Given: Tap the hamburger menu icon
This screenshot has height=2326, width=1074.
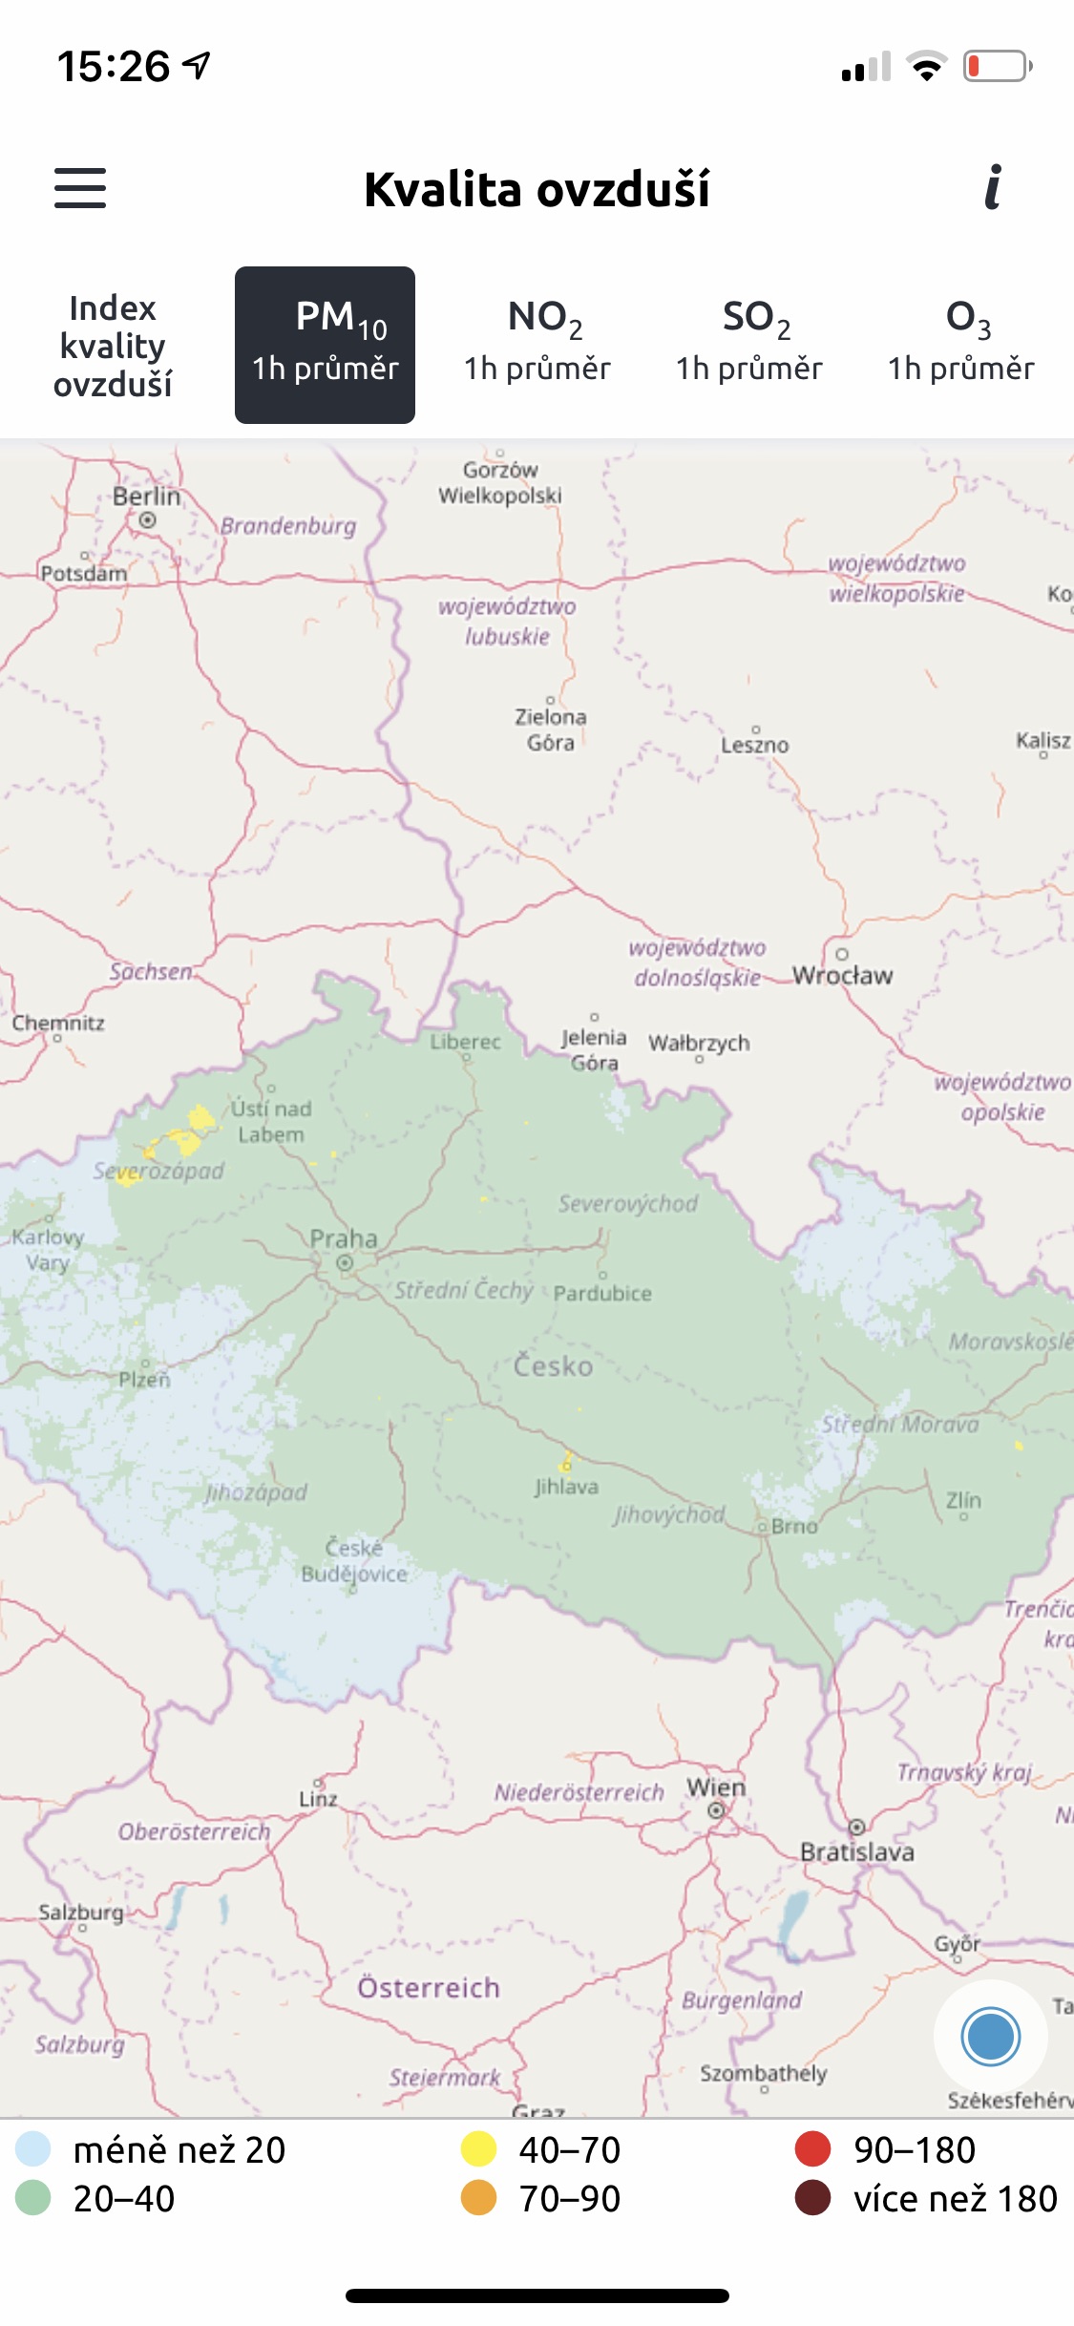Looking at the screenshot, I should coord(80,188).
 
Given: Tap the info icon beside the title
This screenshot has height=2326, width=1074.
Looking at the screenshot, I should coord(993,187).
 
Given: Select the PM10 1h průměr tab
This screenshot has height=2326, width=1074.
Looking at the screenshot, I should coord(325,345).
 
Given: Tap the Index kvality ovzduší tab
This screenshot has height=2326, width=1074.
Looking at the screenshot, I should coord(113,346).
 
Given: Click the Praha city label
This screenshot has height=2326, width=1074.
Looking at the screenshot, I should coord(344,1239).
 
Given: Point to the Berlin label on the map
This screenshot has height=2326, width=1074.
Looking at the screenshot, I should coord(146,497).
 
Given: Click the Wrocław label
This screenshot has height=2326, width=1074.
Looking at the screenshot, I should coord(843,976).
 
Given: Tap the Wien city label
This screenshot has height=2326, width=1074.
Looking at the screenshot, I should coord(716,1787).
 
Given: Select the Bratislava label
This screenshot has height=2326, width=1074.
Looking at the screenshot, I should coord(857,1852).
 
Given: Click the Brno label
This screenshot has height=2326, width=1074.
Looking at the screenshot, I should coord(794,1527).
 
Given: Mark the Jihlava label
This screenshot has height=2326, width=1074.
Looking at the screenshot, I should coord(566,1487).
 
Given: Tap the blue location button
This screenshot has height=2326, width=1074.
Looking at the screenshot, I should coord(991,2037).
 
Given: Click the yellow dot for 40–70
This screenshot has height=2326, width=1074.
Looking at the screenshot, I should coord(479,2149).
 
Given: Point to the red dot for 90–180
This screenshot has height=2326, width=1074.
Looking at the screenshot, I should coord(812,2149).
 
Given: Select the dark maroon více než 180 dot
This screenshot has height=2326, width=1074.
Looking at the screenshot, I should coord(812,2198).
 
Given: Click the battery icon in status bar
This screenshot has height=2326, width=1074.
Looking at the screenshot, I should coord(997,67).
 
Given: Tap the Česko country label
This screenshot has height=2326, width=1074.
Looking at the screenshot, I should coord(553,1366).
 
